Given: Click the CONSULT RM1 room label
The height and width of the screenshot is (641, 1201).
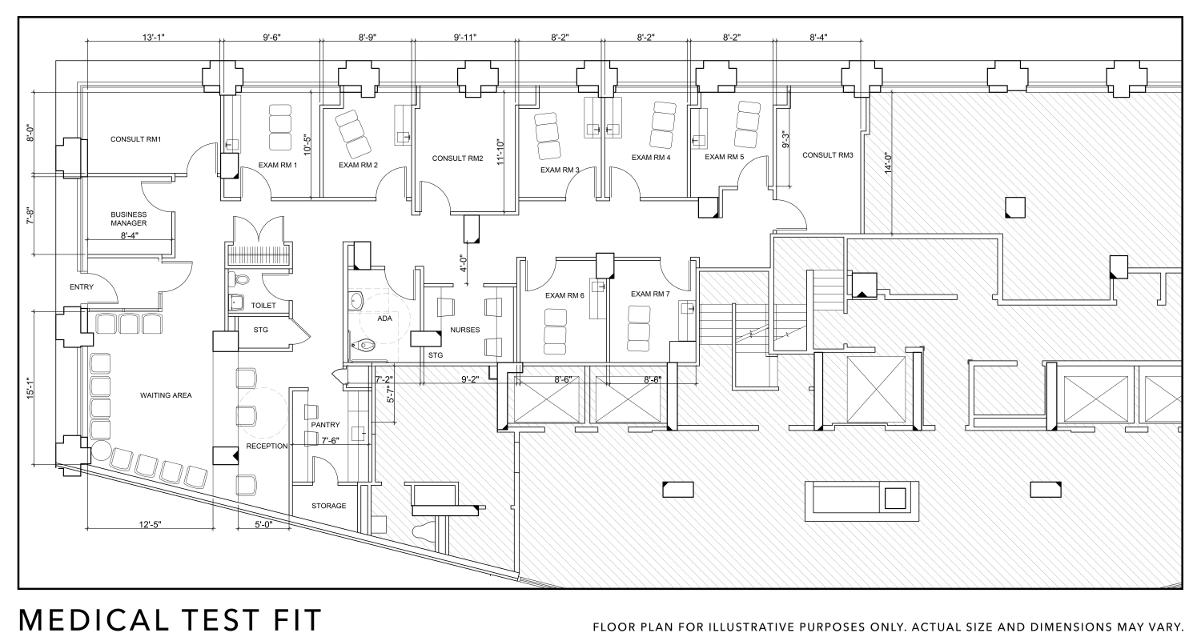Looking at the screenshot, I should [136, 139].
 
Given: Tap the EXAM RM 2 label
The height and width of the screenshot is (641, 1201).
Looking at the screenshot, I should [358, 166].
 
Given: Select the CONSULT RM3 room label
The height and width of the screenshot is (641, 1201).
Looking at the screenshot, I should [827, 155].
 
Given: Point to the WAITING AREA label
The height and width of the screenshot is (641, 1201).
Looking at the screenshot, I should [166, 395].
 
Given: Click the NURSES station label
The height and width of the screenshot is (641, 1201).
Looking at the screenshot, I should [465, 330].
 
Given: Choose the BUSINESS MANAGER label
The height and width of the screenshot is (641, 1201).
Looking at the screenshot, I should [128, 218].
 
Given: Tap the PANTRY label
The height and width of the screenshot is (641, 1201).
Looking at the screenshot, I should [325, 425].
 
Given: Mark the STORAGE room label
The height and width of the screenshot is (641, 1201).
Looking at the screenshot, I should [328, 506].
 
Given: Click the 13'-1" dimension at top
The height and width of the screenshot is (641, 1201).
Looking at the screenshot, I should [154, 37].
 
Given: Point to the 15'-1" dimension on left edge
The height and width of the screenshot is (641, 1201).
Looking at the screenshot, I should [30, 388].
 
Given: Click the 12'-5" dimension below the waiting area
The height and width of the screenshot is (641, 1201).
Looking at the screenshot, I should [151, 525].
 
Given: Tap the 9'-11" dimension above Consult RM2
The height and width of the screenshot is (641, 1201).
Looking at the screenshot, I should [464, 37].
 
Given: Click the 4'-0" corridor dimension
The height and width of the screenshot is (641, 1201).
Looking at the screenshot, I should [462, 265].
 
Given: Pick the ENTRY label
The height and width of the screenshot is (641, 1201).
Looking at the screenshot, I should [82, 286].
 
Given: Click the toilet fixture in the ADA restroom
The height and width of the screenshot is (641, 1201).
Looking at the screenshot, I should [364, 346].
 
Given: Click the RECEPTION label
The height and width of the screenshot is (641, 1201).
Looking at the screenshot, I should [267, 446].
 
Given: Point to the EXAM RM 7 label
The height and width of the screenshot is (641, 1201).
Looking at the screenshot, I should [650, 294].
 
